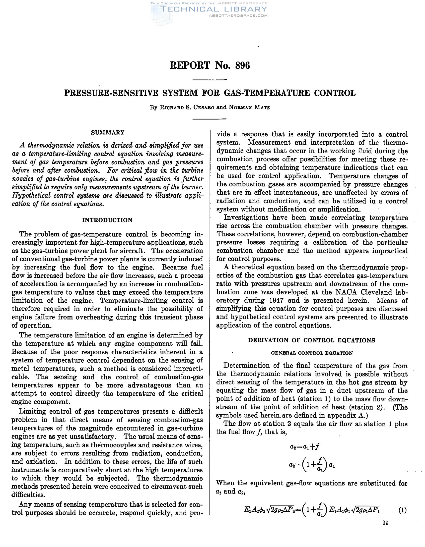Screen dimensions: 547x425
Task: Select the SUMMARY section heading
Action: (x=108, y=132)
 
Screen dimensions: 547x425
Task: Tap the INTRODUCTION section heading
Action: (x=107, y=220)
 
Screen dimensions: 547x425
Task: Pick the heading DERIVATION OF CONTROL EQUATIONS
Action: (x=311, y=340)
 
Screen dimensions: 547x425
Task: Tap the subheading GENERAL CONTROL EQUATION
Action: (x=312, y=353)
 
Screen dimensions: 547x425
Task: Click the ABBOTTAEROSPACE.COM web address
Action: (x=238, y=15)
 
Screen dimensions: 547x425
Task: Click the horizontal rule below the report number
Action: (x=209, y=80)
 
